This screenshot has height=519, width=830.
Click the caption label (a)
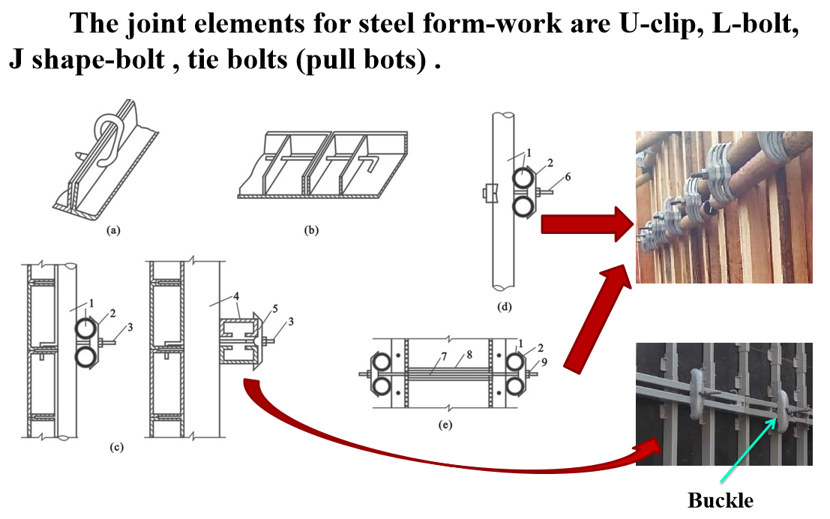click(113, 231)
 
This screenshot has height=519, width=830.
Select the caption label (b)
click(311, 230)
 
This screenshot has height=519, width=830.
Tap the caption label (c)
click(116, 448)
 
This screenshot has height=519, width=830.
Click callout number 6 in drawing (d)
click(568, 177)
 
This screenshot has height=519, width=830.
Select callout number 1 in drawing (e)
click(519, 343)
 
